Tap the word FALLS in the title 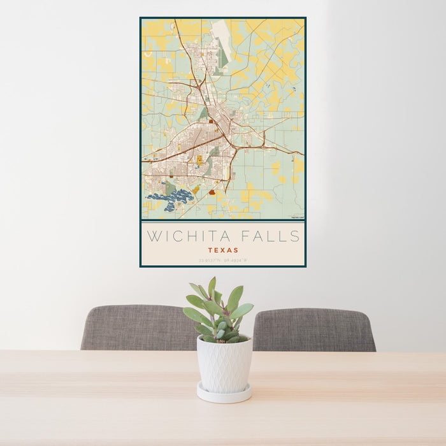tap(271, 236)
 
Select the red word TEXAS tap(222, 250)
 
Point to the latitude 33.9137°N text tap(210, 260)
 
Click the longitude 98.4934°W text tap(236, 260)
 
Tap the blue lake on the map tap(169, 199)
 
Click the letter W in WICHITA tap(153, 236)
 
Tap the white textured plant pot tap(224, 364)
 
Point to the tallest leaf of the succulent tap(212, 287)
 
